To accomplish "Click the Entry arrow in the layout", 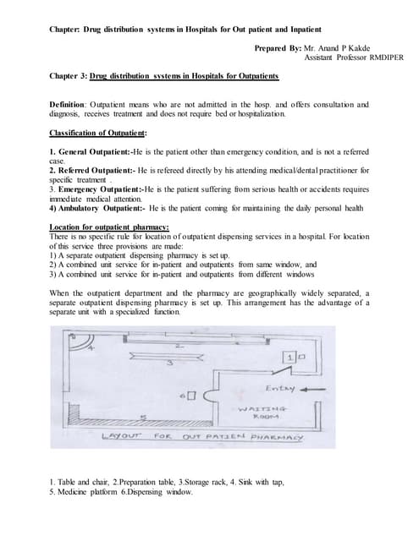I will pos(305,390).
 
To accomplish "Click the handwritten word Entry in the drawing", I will pos(280,389).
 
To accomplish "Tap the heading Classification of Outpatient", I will pos(98,133).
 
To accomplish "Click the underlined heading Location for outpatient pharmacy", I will pos(109,227).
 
